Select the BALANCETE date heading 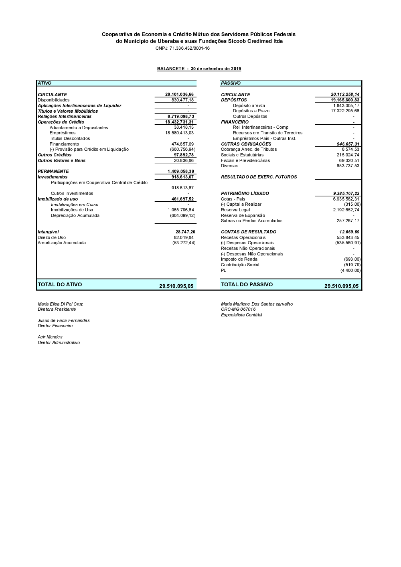pyautogui.click(x=199, y=69)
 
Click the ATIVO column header pyautogui.click(x=45, y=83)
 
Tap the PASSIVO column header pyautogui.click(x=231, y=83)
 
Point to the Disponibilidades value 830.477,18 pyautogui.click(x=182, y=100)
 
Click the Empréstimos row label pyautogui.click(x=63, y=133)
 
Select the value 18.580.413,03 pyautogui.click(x=179, y=133)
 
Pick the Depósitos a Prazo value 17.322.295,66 pyautogui.click(x=345, y=111)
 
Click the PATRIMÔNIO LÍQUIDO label pyautogui.click(x=245, y=194)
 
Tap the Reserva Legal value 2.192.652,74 pyautogui.click(x=346, y=210)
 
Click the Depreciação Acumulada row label pyautogui.click(x=75, y=216)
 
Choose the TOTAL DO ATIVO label pyautogui.click(x=60, y=285)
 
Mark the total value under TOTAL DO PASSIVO pyautogui.click(x=341, y=286)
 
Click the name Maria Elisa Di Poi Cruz pyautogui.click(x=60, y=304)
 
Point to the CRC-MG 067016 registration pyautogui.click(x=238, y=310)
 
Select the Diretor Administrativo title pyautogui.click(x=59, y=343)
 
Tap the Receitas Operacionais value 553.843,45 pyautogui.click(x=348, y=238)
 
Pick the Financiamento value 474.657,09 pyautogui.click(x=182, y=144)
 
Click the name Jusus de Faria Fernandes pyautogui.click(x=63, y=321)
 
